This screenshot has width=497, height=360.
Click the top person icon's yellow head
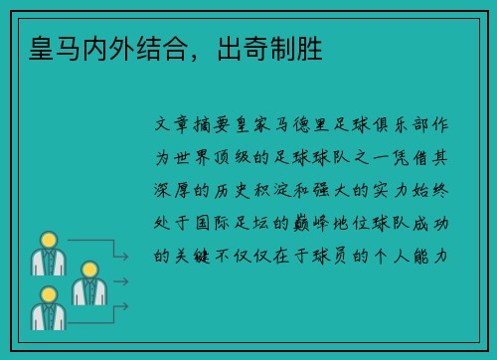pos(49,240)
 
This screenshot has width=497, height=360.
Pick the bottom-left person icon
pos(49,309)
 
